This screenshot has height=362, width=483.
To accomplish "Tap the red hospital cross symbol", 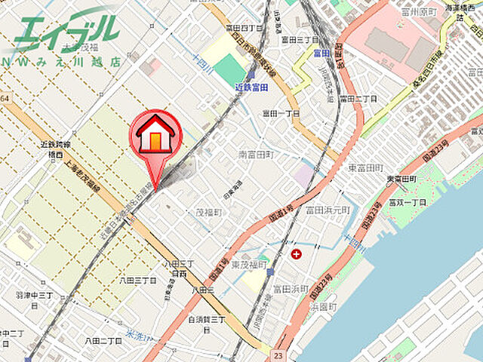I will (295, 254).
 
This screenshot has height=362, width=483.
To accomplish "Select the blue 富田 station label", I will (321, 54).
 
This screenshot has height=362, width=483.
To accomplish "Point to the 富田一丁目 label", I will (281, 113).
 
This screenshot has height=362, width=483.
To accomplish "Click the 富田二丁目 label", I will (357, 99).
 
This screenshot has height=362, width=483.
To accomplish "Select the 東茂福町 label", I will (250, 265).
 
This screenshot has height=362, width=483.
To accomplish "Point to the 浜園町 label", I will (324, 307).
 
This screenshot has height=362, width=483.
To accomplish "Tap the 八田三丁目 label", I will (137, 280).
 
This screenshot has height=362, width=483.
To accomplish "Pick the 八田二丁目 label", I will (103, 341).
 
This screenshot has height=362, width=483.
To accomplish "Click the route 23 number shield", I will (278, 353).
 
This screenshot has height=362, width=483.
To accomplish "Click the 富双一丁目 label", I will (408, 203).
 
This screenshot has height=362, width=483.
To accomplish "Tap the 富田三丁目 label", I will (299, 39).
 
